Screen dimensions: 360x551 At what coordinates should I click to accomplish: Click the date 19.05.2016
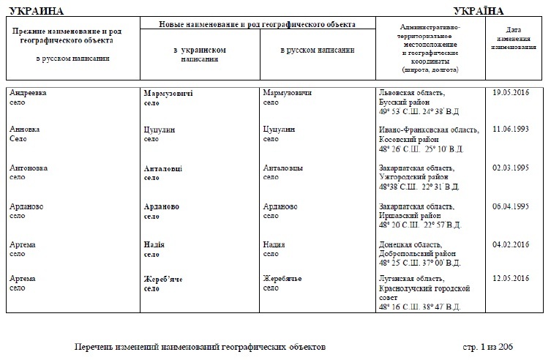point(511,93)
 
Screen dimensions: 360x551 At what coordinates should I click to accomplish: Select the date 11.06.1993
point(511,129)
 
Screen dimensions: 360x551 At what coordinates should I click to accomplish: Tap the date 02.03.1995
point(511,168)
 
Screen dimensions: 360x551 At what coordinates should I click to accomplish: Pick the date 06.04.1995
point(511,206)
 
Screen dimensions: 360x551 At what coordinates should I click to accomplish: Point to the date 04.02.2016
point(511,244)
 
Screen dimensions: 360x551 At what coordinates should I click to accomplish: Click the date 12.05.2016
point(511,279)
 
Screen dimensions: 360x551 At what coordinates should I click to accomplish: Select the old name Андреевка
point(29,94)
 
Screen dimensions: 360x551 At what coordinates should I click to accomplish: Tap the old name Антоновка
point(29,168)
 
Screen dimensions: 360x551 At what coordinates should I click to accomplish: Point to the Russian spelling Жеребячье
point(282,280)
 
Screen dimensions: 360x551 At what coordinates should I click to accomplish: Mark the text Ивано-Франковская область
point(429,130)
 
